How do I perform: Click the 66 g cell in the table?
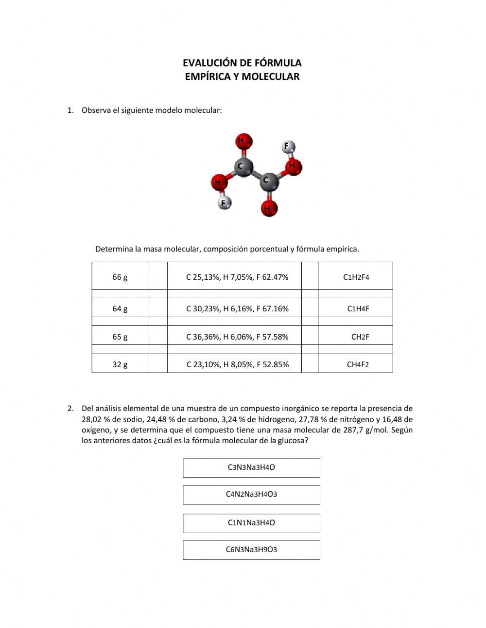point(120,277)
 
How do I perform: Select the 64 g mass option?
point(120,308)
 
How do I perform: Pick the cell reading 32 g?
point(120,364)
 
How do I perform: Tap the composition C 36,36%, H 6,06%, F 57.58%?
point(237,337)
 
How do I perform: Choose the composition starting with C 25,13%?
point(237,277)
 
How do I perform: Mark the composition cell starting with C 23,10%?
point(237,364)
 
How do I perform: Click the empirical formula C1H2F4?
point(356,277)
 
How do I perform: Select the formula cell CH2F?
point(360,337)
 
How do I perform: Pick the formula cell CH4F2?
point(358,364)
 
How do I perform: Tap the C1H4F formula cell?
point(358,308)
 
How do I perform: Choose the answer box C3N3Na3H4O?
point(251,467)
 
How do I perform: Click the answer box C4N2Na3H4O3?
point(251,494)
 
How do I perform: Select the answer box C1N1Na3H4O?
point(251,523)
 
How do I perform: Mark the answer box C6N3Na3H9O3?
point(251,550)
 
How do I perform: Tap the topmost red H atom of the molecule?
point(243,141)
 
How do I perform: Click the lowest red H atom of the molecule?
point(268,208)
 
